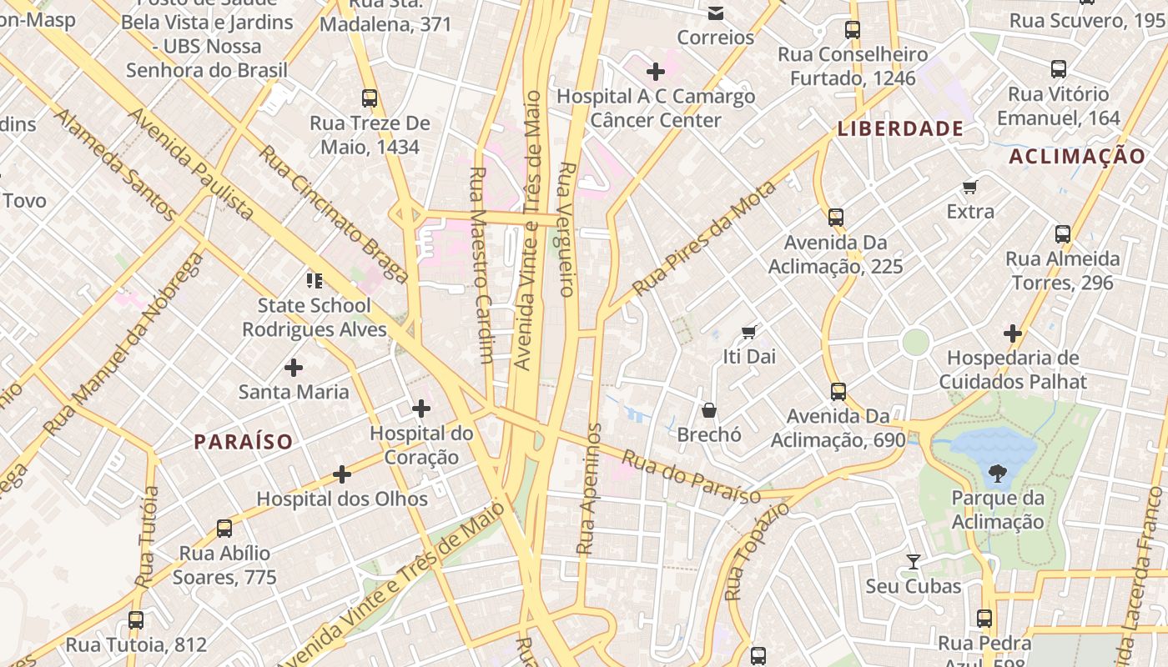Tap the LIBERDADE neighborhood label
[x=901, y=129]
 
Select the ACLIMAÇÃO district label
[x=1077, y=157]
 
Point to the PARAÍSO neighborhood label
[x=244, y=442]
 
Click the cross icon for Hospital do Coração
[x=421, y=409]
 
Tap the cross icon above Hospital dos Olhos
[x=341, y=474]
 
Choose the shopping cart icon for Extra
[x=969, y=187]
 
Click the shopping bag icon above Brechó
[x=708, y=409]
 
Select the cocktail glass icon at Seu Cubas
[x=914, y=562]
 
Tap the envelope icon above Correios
[x=715, y=13]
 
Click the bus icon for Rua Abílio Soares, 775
[x=224, y=528]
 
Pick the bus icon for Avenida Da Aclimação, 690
[x=838, y=391]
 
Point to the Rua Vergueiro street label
[x=566, y=229]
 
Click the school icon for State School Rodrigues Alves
[x=314, y=280]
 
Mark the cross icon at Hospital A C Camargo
[x=656, y=72]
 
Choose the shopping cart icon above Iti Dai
[x=748, y=332]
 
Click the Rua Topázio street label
[x=745, y=551]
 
